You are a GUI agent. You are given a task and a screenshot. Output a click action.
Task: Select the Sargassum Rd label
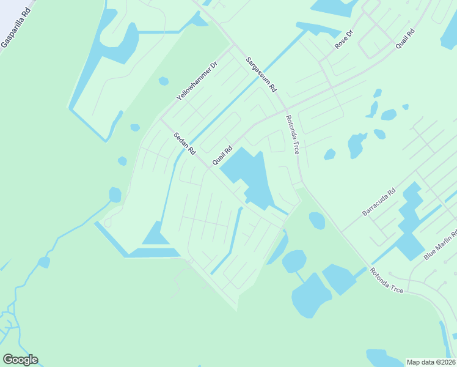(x=261, y=74)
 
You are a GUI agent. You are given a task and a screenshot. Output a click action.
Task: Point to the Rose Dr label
(x=344, y=40)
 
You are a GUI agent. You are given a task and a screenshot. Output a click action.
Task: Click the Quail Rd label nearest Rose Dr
(x=405, y=40)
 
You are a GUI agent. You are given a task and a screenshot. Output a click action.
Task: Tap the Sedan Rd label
(x=183, y=143)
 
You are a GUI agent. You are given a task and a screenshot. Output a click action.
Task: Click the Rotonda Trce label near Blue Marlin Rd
(x=386, y=280)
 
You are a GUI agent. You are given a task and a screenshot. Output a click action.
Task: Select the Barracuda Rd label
(x=379, y=202)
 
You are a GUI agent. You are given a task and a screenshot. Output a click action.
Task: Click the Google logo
(x=20, y=360)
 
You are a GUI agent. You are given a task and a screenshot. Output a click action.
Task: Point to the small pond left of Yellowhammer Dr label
(x=163, y=81)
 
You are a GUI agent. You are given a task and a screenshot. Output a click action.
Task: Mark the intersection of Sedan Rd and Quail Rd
(x=206, y=166)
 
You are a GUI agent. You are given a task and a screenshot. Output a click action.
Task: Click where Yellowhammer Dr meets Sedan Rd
(x=162, y=119)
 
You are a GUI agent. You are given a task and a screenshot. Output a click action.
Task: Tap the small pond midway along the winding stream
(x=43, y=262)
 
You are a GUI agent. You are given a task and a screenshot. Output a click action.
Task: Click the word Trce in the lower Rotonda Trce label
(x=395, y=287)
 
